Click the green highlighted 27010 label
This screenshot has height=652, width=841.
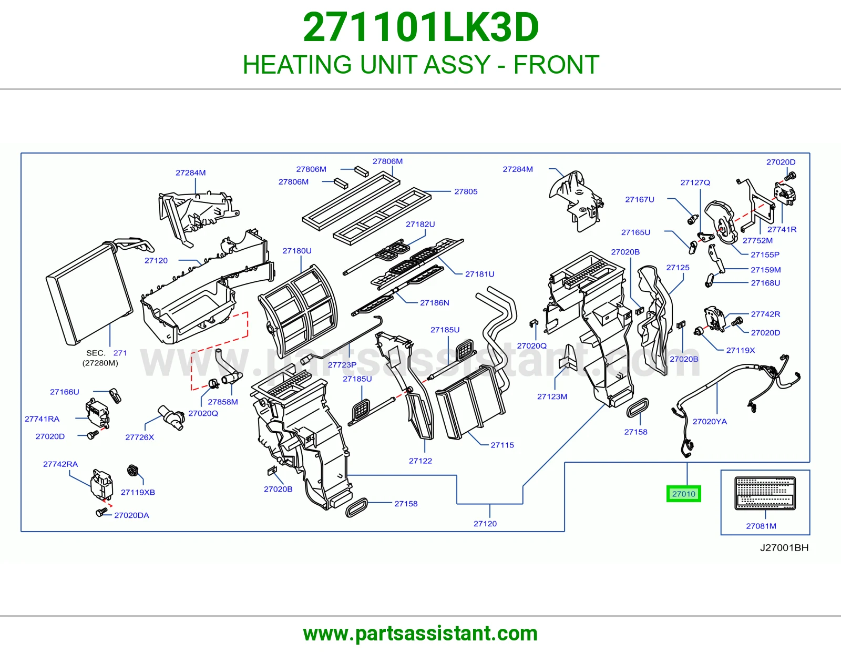click(x=683, y=494)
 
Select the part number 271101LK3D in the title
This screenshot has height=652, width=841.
click(x=420, y=27)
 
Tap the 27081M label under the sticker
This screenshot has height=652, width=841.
click(x=761, y=526)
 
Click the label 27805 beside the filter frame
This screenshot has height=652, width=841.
click(x=466, y=191)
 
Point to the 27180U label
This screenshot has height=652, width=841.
click(x=297, y=250)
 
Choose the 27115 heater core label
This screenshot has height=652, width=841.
click(x=502, y=445)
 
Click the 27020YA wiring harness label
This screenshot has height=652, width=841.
click(x=710, y=421)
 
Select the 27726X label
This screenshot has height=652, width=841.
click(x=139, y=437)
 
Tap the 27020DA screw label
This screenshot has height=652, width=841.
click(x=131, y=515)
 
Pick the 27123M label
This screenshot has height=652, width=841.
click(x=552, y=396)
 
